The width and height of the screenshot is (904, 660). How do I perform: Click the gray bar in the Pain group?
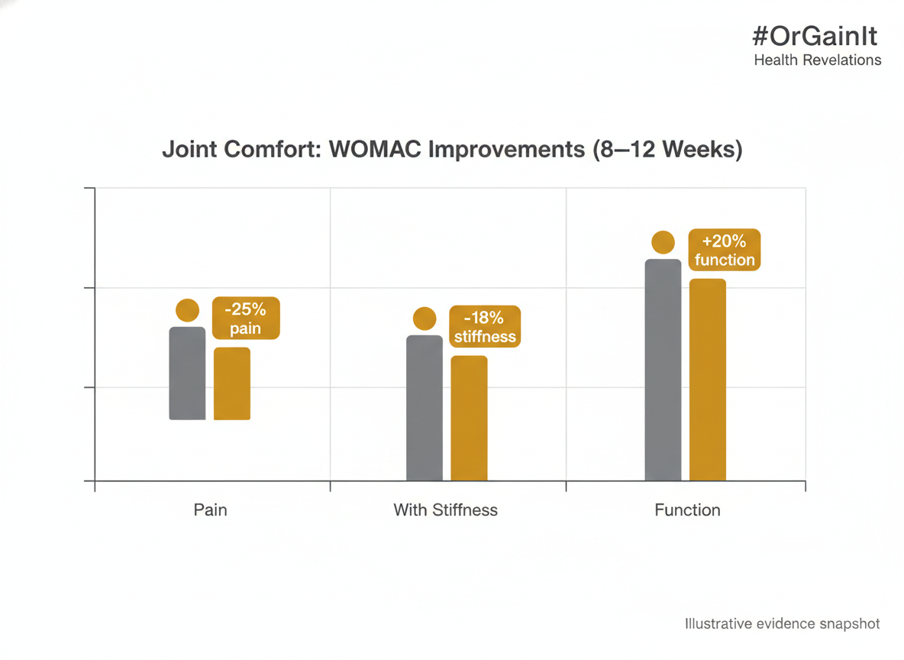[187, 374]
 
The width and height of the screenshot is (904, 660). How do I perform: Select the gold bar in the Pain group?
[231, 383]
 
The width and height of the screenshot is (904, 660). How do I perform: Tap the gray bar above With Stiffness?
[424, 408]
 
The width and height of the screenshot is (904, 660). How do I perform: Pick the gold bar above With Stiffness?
[469, 418]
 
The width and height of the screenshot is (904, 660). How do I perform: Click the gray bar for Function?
[663, 370]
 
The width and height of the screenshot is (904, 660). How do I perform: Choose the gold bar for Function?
[707, 380]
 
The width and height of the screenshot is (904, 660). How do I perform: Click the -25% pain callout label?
[245, 319]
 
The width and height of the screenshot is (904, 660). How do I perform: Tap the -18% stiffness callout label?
[485, 327]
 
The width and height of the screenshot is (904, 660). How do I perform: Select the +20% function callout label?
[724, 250]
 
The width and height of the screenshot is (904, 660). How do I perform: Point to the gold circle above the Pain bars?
[187, 310]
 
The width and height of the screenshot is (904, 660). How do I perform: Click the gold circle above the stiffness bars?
[425, 319]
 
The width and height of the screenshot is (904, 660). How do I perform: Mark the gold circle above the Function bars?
[663, 243]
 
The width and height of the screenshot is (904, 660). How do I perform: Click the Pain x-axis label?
[210, 510]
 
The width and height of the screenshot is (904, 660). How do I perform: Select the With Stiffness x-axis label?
[445, 510]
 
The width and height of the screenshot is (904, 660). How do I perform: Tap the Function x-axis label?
[687, 510]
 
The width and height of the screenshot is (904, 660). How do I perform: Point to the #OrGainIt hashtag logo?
[815, 37]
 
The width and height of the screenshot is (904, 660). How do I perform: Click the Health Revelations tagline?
[817, 60]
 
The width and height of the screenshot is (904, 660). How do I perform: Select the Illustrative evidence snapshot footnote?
[782, 624]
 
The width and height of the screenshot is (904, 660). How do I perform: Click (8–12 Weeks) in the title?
[667, 149]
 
